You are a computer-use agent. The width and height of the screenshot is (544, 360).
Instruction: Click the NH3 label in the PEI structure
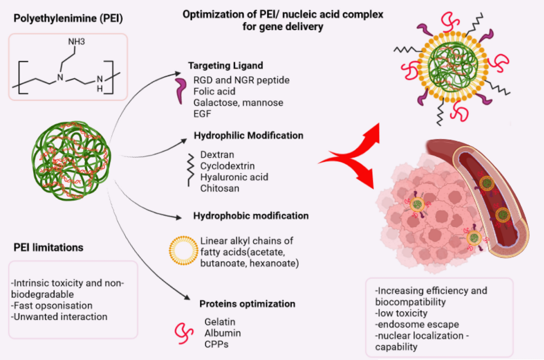click(77, 42)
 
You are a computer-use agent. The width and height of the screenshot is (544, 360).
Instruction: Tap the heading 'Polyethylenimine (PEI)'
click(68, 19)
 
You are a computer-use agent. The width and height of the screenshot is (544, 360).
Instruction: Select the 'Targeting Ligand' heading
click(226, 66)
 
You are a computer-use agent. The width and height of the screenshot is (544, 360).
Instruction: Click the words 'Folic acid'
click(214, 92)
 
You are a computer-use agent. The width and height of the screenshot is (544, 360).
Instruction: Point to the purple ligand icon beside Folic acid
click(181, 90)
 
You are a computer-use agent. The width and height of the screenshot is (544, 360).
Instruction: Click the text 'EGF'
click(202, 114)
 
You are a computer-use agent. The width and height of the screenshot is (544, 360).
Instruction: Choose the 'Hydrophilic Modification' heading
click(249, 136)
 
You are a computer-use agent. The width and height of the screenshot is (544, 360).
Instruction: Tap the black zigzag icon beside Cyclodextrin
click(191, 170)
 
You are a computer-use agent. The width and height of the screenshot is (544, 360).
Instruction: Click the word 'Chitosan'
click(220, 189)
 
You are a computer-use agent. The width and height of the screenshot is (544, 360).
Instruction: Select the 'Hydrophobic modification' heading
click(251, 216)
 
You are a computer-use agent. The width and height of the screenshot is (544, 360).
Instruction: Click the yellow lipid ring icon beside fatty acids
click(184, 250)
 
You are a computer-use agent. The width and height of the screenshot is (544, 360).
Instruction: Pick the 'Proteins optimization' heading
click(247, 304)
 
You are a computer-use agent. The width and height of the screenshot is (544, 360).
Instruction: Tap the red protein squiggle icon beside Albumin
click(184, 333)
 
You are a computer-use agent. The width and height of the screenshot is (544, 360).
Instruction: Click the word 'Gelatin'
click(220, 322)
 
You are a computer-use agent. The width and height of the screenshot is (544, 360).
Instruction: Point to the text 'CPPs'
click(216, 345)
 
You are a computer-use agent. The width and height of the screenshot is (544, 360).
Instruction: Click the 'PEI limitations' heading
click(49, 248)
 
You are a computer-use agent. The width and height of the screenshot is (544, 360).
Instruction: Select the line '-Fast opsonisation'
click(52, 306)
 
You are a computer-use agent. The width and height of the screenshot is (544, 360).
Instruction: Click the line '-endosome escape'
click(417, 325)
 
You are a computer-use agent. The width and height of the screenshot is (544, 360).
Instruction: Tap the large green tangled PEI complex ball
click(71, 161)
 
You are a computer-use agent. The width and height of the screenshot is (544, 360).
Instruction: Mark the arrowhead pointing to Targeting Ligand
click(178, 73)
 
